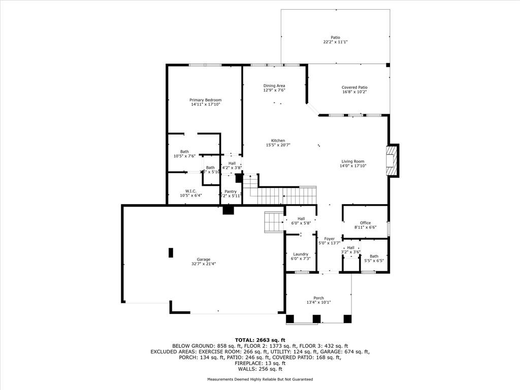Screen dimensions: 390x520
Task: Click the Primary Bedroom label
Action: (x=205, y=100)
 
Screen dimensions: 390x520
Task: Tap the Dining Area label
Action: (x=274, y=86)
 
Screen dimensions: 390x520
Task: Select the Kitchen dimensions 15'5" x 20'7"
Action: (x=278, y=145)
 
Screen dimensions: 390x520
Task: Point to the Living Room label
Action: (x=352, y=161)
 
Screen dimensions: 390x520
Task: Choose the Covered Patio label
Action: (x=354, y=87)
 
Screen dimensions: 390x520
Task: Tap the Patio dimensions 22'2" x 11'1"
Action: (x=335, y=42)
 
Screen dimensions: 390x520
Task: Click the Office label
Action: (x=365, y=223)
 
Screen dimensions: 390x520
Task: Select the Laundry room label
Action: (x=301, y=254)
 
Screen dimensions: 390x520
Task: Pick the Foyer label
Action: (x=330, y=239)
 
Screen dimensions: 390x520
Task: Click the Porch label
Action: (x=318, y=298)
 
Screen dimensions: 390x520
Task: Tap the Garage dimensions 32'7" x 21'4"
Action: (x=204, y=264)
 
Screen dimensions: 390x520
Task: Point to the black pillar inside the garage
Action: (x=171, y=252)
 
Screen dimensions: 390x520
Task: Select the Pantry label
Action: (x=231, y=191)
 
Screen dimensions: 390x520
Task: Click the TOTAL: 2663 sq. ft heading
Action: (x=259, y=340)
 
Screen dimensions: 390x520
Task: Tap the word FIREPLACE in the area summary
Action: (x=246, y=363)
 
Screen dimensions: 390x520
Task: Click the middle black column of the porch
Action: (x=316, y=319)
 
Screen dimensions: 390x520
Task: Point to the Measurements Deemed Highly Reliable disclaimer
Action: (x=259, y=379)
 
